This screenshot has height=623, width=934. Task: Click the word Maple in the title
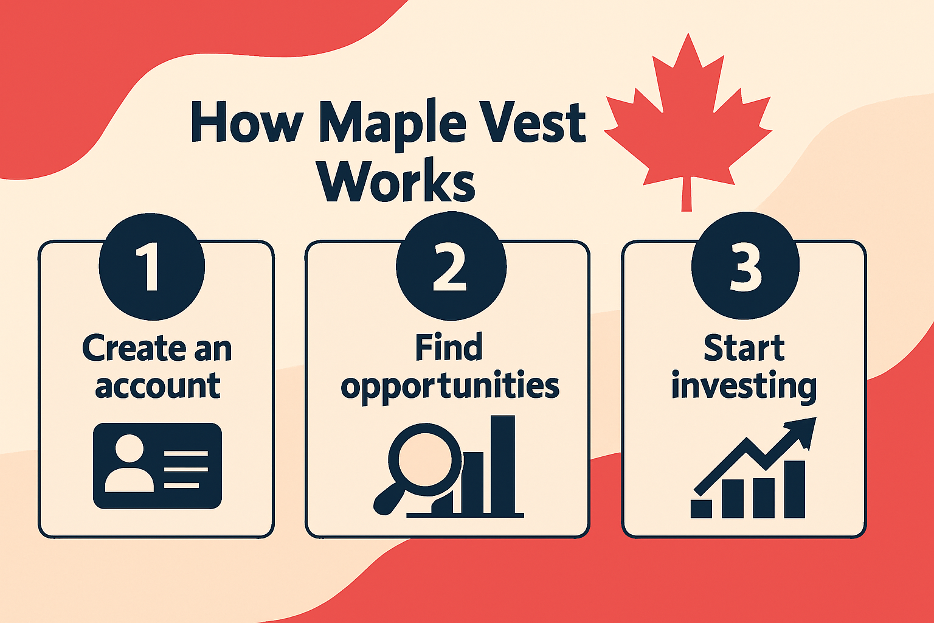click(x=392, y=123)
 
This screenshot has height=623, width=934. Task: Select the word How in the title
click(x=247, y=122)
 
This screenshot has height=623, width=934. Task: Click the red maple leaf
click(x=688, y=122)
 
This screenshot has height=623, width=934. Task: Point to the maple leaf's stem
click(x=687, y=194)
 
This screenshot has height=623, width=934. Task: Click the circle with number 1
click(x=152, y=267)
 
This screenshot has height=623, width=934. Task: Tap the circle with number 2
click(x=451, y=266)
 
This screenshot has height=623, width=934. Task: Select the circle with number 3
click(x=745, y=266)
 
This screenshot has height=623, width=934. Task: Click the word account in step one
click(x=157, y=386)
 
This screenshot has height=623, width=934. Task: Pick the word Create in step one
click(x=134, y=348)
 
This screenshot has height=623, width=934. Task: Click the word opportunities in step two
click(x=450, y=387)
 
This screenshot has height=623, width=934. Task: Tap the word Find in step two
click(x=449, y=347)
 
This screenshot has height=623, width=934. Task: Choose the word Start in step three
click(x=744, y=347)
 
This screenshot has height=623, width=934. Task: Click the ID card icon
click(x=157, y=465)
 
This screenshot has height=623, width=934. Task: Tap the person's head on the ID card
click(x=130, y=448)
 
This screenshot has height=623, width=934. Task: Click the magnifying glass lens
click(x=425, y=460)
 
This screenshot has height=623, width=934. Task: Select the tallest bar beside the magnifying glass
click(x=503, y=464)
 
